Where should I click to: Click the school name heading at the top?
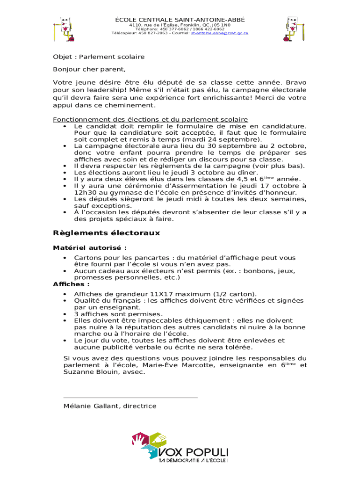tap(180, 19)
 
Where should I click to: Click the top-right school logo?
tap(295, 29)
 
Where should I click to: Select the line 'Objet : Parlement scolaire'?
tap(99, 57)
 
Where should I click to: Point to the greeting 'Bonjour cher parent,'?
tap(89, 70)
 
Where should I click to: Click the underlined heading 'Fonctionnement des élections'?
tap(150, 119)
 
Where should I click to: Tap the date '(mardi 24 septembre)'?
tap(222, 139)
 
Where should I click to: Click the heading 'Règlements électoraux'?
tap(107, 233)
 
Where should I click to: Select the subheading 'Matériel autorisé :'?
tap(90, 248)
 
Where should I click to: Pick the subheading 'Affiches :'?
tap(72, 284)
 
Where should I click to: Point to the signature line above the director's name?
tap(130, 398)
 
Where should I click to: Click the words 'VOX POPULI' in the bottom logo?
tap(194, 452)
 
